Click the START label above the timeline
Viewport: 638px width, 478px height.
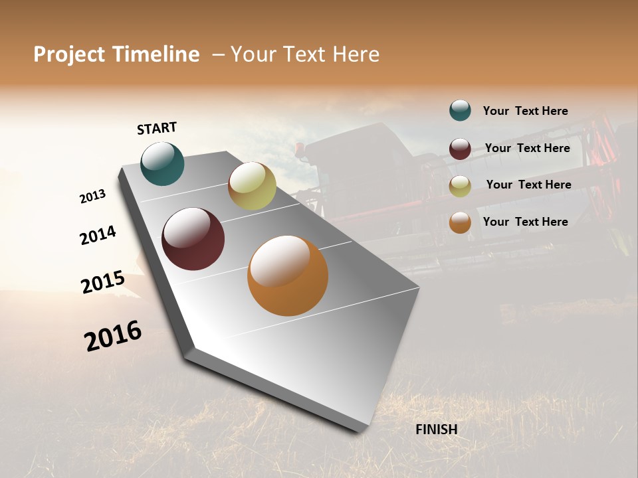[x=157, y=128]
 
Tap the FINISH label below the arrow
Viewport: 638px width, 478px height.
[x=437, y=430]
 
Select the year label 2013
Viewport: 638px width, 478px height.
[x=93, y=197]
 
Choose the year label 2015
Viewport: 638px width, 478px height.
[x=103, y=282]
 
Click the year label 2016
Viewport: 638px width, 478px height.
[x=113, y=335]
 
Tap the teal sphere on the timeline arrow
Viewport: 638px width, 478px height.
[x=162, y=163]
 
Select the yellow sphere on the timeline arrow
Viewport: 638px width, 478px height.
[x=252, y=186]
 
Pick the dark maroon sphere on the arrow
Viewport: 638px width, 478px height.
[x=193, y=239]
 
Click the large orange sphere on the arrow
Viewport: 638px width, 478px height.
[x=288, y=276]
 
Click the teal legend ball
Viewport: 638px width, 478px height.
[x=460, y=111]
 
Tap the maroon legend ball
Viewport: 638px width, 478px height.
[x=460, y=149]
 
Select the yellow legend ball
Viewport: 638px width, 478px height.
[x=460, y=186]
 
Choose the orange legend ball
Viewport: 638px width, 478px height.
[x=460, y=222]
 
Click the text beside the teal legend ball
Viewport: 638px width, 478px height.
[x=525, y=111]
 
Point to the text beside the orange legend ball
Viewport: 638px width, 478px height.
[x=525, y=222]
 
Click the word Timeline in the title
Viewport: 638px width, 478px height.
[x=156, y=54]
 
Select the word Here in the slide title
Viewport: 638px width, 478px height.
[x=356, y=54]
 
